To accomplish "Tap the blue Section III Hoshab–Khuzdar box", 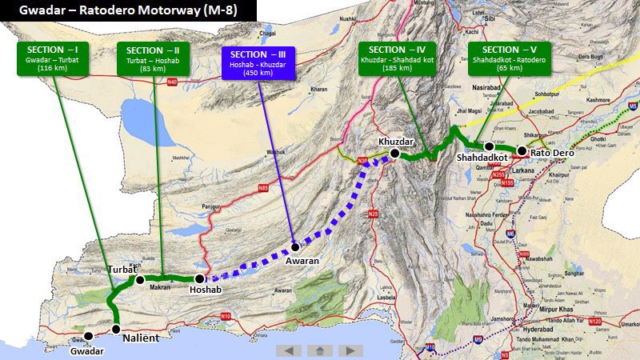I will tap(258, 64).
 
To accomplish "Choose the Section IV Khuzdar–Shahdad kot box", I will tap(397, 58).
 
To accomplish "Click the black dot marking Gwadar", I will tap(88, 336).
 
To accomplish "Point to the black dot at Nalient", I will tap(116, 329).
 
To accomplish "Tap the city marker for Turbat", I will tap(140, 280).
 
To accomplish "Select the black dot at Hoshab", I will tap(199, 278).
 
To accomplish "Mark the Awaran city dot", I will tap(295, 247).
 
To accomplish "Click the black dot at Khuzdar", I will tap(394, 153).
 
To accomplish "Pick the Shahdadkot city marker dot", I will tap(488, 146).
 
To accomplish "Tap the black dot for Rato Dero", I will tap(522, 150).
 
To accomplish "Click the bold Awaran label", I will tap(302, 261).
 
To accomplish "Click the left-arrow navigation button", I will tap(289, 350).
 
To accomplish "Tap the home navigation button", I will tap(319, 350).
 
